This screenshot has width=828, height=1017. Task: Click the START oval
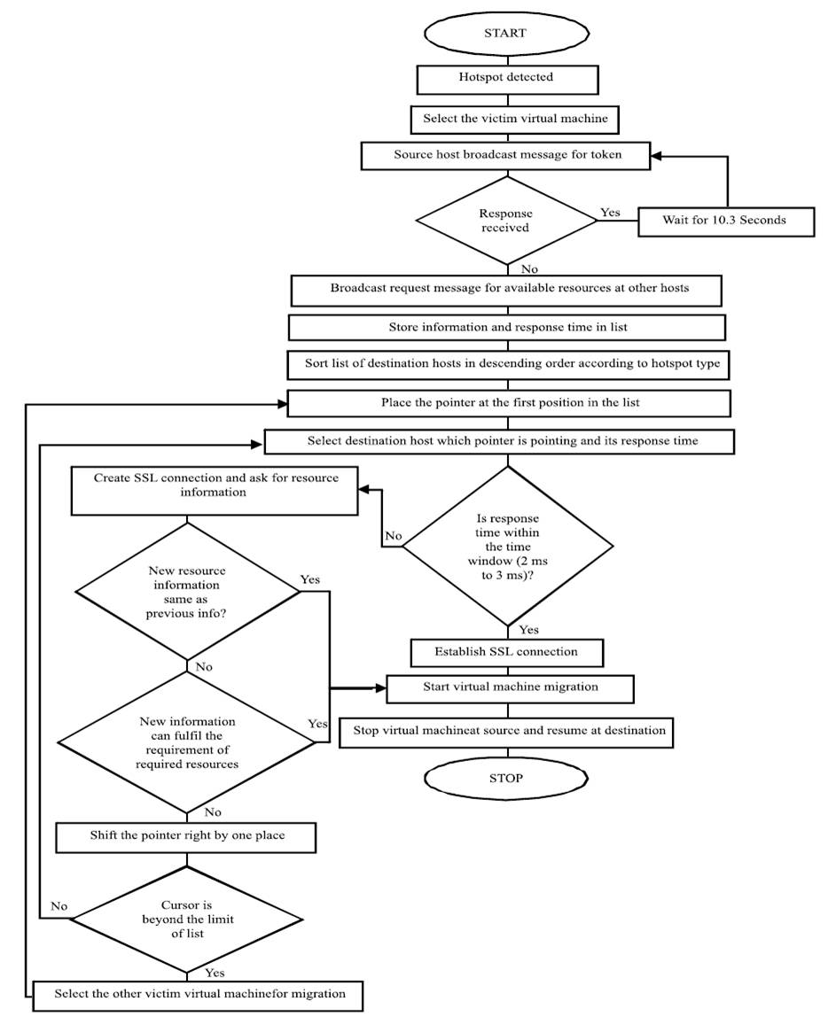click(505, 33)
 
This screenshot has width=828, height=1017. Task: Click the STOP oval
click(505, 778)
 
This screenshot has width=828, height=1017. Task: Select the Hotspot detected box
click(505, 77)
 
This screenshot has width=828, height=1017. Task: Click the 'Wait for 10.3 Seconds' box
click(724, 220)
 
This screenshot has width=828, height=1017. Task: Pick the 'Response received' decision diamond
click(505, 221)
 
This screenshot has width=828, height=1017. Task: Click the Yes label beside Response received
click(611, 213)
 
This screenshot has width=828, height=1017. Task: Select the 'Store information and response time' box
click(507, 327)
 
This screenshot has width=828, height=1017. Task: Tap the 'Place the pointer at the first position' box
click(509, 403)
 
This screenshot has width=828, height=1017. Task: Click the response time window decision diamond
click(507, 547)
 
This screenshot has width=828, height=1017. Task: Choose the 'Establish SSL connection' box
click(507, 652)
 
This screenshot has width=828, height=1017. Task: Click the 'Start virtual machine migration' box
click(509, 687)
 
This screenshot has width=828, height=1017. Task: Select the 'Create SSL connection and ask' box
click(215, 490)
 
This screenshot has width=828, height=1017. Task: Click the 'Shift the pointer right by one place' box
click(186, 836)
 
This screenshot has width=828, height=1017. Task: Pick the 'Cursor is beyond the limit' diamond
click(186, 918)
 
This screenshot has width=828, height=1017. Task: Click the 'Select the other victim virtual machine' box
click(199, 993)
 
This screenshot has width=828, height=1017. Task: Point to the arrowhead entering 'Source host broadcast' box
click(657, 157)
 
